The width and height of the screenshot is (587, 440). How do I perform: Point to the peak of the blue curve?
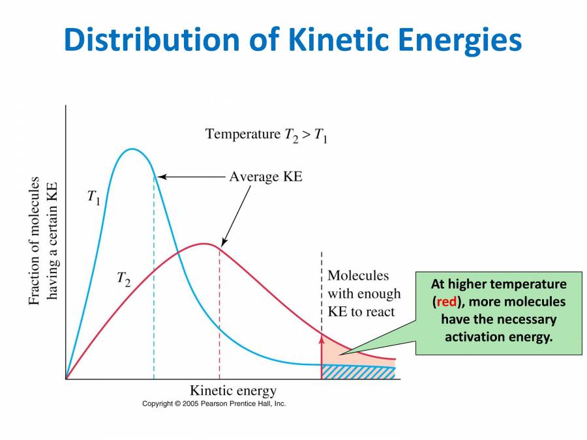click(132, 149)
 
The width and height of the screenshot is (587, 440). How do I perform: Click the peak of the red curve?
click(204, 244)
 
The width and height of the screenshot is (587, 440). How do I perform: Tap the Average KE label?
click(265, 177)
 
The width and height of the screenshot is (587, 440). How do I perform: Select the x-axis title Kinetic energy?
click(233, 391)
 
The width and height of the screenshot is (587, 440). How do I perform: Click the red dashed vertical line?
click(219, 319)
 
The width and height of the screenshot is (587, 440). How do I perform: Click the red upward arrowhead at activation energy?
click(322, 337)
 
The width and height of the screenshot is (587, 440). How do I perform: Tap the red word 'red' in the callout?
click(447, 302)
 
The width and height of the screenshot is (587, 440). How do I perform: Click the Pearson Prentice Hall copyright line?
click(214, 404)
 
